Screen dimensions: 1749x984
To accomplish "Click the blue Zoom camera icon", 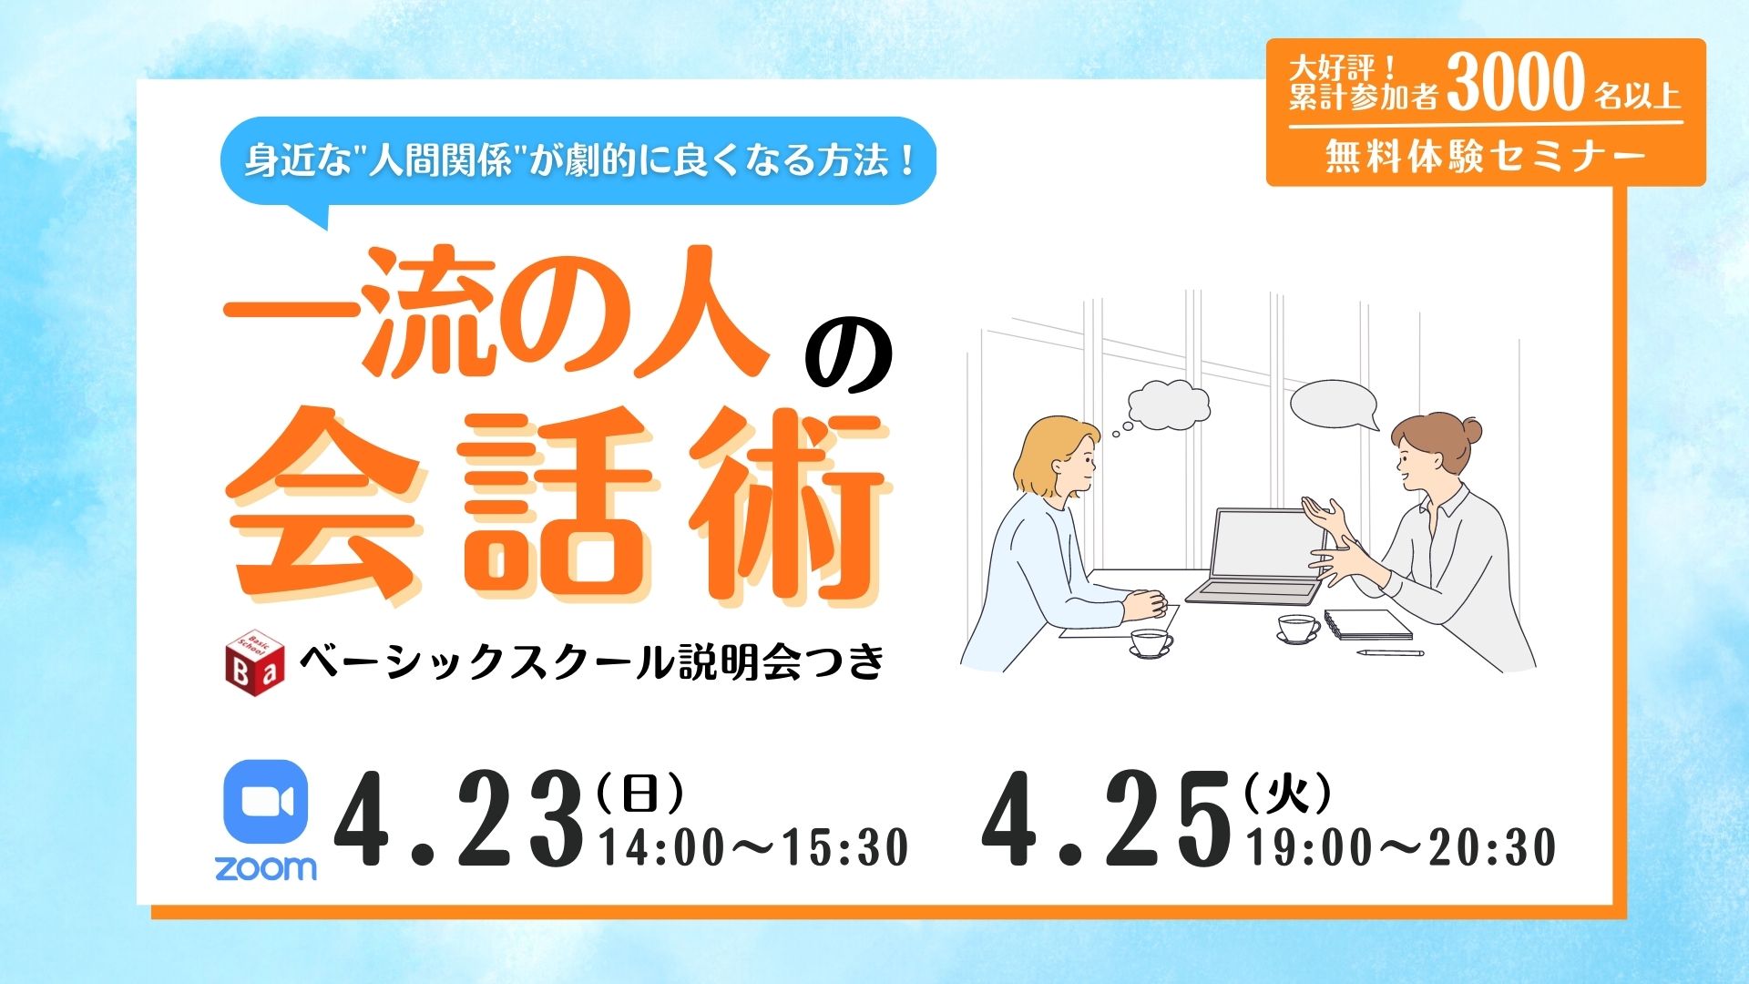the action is pyautogui.click(x=265, y=803).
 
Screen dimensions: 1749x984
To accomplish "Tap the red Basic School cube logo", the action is pyautogui.click(x=254, y=658).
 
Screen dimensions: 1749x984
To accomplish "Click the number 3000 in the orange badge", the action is pyautogui.click(x=1516, y=82).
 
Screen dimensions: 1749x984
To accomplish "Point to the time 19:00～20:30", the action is pyautogui.click(x=1402, y=847).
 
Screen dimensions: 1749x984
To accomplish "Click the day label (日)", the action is pyautogui.click(x=639, y=795).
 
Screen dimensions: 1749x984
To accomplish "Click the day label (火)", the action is pyautogui.click(x=1287, y=795).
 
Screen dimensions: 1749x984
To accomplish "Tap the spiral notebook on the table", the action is pyautogui.click(x=1367, y=624).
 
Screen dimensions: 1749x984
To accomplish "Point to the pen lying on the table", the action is pyautogui.click(x=1390, y=652).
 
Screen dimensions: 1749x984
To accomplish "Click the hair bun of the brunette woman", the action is pyautogui.click(x=1468, y=430).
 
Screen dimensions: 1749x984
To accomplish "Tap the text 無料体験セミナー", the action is pyautogui.click(x=1486, y=157).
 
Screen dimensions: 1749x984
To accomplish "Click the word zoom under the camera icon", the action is pyautogui.click(x=266, y=867).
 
